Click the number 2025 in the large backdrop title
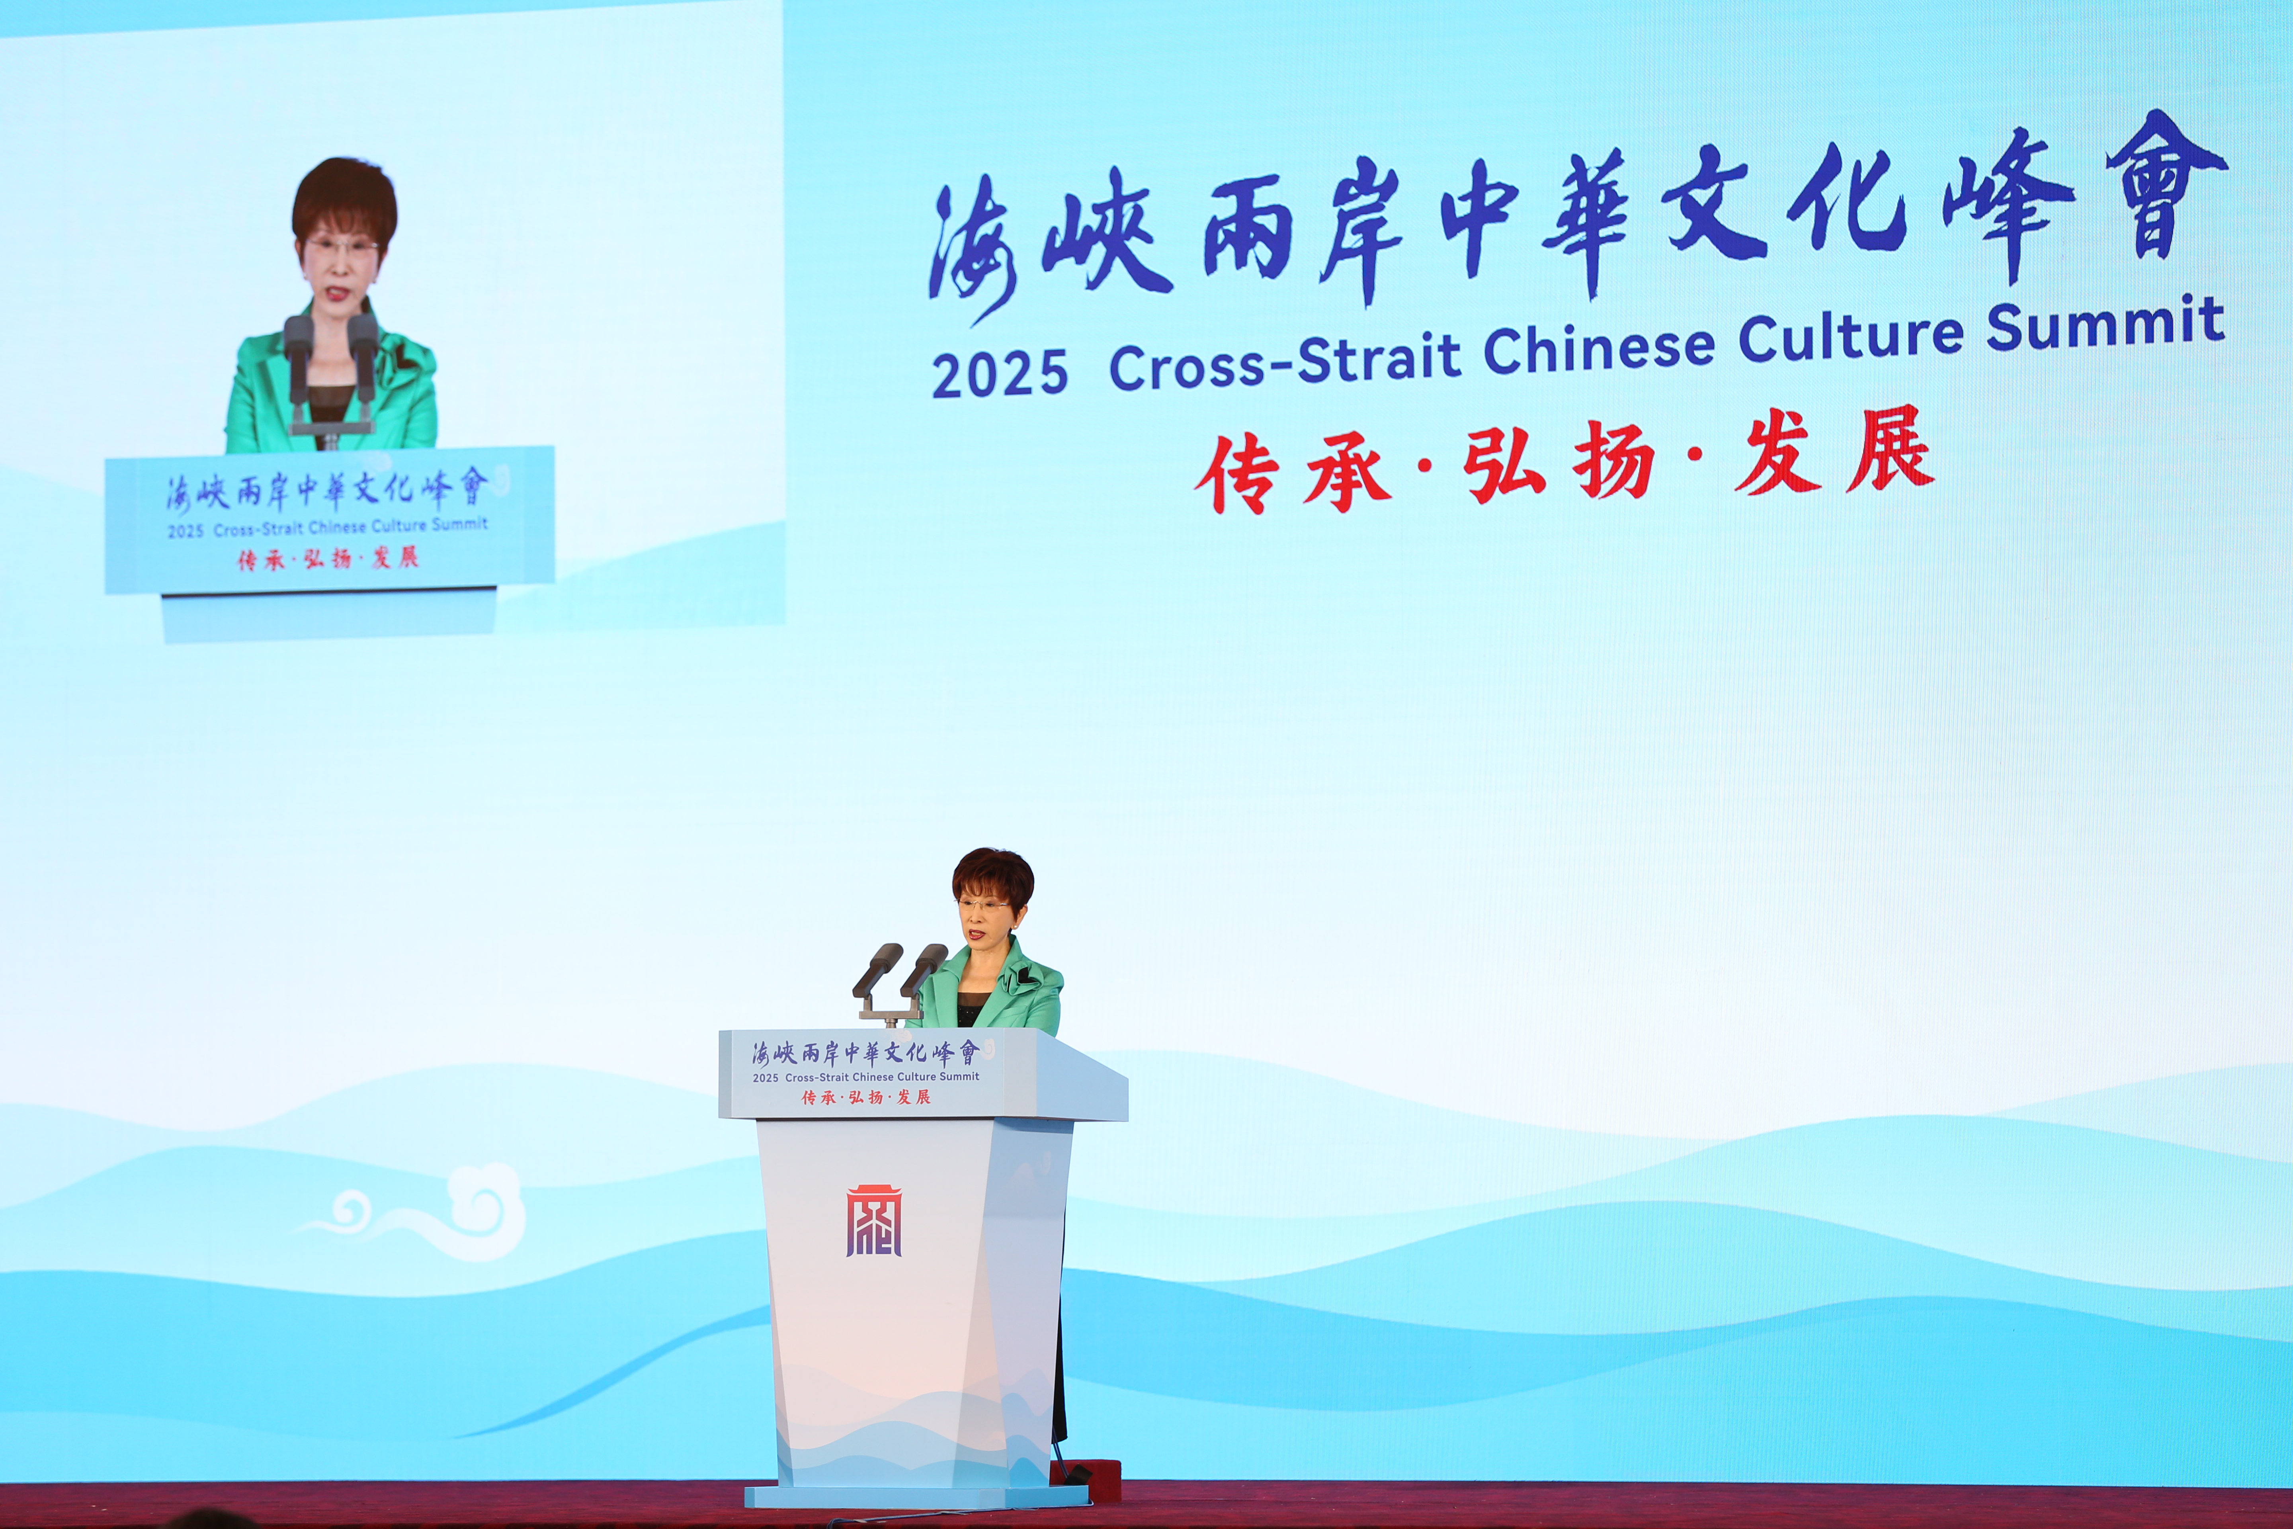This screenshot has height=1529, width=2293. (999, 373)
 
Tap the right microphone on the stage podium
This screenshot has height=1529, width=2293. (923, 970)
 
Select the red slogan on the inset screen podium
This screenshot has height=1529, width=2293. (328, 559)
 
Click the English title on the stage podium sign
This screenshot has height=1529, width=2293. (866, 1077)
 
